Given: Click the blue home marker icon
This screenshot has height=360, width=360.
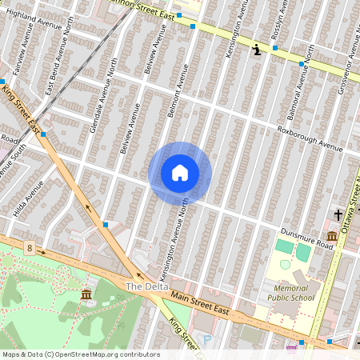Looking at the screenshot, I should coord(180,173).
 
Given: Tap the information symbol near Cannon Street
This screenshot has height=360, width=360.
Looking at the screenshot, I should coord(256,50).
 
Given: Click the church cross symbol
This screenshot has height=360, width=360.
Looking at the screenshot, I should coord(338,215).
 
